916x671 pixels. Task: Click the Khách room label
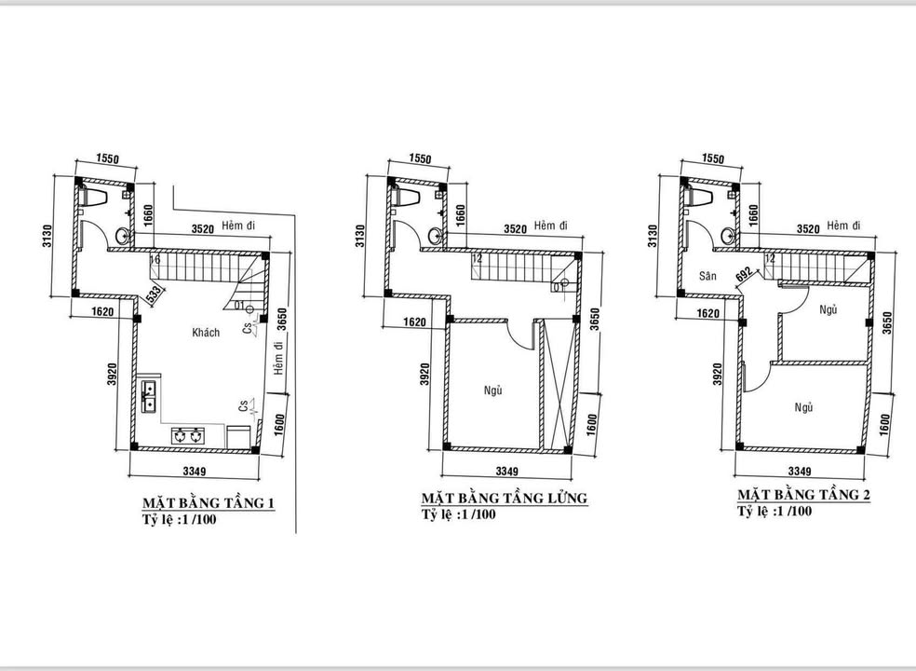click(206, 333)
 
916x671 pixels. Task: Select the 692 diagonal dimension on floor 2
click(743, 274)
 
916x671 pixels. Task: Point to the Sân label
click(707, 277)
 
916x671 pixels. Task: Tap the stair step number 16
click(155, 261)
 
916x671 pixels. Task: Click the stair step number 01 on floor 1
click(239, 306)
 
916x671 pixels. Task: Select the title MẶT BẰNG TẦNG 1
click(207, 504)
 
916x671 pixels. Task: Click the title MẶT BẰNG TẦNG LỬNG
click(504, 498)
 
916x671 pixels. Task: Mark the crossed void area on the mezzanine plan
click(555, 383)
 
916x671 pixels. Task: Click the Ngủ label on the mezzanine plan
click(493, 390)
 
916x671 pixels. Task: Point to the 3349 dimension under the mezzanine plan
click(507, 471)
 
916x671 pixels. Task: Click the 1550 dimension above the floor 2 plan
click(713, 159)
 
